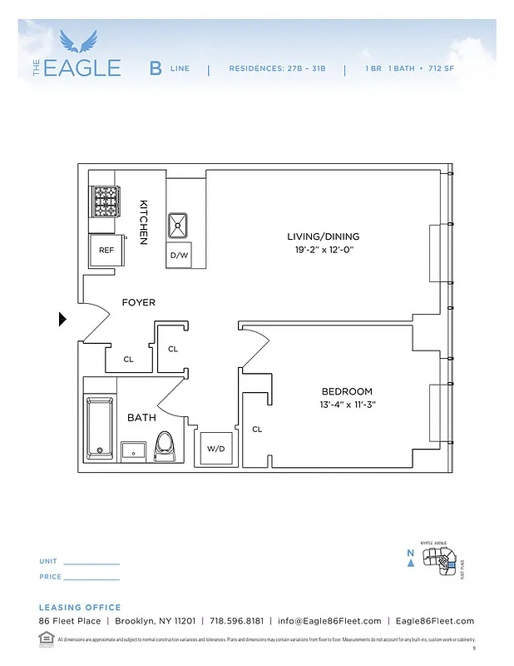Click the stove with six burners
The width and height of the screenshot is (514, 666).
click(106, 201)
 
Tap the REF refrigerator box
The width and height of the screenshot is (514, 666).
click(106, 249)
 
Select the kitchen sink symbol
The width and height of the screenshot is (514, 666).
click(179, 225)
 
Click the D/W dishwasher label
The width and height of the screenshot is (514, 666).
click(179, 256)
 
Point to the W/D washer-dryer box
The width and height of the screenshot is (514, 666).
click(216, 448)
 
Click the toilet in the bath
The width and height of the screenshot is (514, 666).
click(165, 445)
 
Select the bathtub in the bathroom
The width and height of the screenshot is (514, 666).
click(99, 425)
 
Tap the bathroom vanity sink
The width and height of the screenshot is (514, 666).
click(134, 450)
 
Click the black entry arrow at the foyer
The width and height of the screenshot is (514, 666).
click(62, 319)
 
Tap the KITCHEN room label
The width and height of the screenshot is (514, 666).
click(143, 221)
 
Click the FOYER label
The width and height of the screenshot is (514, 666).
click(138, 302)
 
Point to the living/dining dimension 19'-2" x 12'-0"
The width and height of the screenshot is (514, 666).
click(324, 250)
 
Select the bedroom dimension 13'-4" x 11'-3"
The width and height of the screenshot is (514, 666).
click(347, 405)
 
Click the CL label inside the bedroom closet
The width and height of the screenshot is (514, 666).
click(257, 430)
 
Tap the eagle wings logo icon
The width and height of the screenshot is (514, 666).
click(79, 39)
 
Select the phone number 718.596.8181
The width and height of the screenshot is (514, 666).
click(235, 621)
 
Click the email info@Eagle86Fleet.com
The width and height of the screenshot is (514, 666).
click(329, 621)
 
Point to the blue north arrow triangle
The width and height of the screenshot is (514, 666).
click(411, 563)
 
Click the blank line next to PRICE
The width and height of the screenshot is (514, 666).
click(91, 579)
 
